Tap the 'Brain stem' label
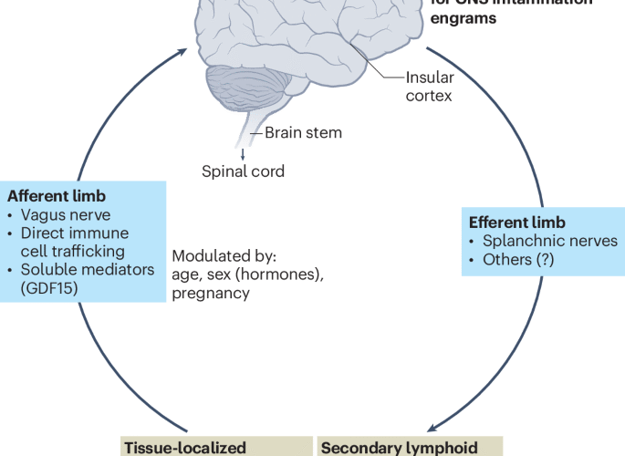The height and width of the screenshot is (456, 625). (303, 133)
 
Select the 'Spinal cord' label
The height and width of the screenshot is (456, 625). (243, 171)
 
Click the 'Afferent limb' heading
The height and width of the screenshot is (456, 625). (57, 196)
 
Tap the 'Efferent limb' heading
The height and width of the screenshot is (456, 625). (516, 223)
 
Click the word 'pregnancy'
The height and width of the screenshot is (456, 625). (210, 293)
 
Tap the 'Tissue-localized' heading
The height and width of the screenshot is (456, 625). (184, 447)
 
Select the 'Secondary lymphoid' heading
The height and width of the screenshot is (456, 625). (400, 447)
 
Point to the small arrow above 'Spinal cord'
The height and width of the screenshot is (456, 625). (243, 153)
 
